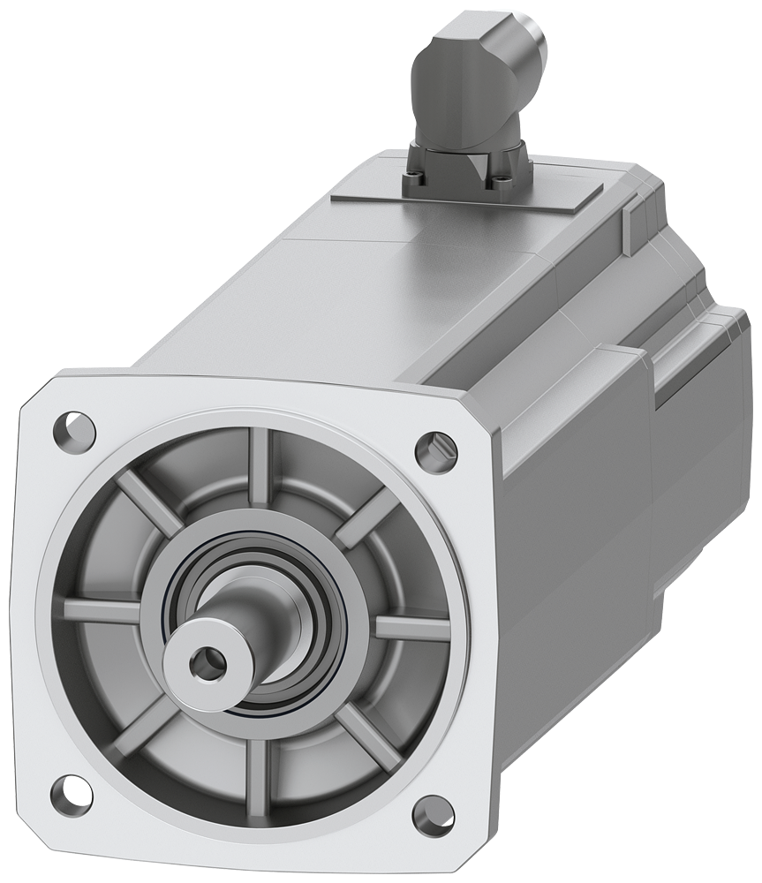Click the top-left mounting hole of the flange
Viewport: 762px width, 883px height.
[75, 430]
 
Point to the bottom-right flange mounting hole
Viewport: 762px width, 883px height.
[433, 814]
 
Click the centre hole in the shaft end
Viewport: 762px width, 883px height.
[207, 663]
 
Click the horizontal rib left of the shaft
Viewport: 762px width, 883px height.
[102, 610]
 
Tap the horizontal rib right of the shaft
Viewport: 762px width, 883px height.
[412, 628]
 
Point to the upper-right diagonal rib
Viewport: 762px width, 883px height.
[366, 517]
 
